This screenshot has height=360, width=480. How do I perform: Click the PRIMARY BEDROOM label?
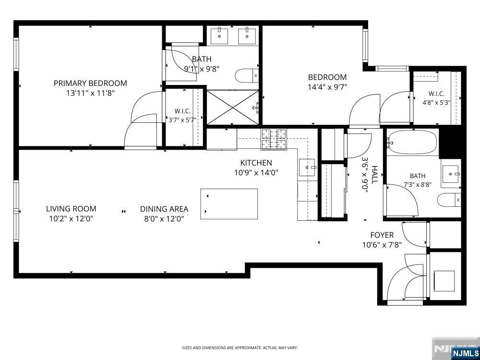click(90, 83)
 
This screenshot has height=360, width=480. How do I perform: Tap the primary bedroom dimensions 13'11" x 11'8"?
click(90, 93)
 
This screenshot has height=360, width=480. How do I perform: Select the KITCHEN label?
click(256, 163)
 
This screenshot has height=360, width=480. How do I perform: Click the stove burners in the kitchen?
click(274, 139)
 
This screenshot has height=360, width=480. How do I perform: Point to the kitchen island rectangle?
click(229, 204)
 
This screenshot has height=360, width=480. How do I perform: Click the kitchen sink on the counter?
click(307, 168)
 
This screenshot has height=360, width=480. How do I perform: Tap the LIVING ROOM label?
click(71, 209)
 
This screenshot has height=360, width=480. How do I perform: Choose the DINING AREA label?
click(164, 209)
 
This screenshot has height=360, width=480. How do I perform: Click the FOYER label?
click(382, 235)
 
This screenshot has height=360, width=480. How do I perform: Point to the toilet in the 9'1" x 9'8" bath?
click(246, 76)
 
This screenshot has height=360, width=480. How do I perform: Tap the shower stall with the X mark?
click(233, 107)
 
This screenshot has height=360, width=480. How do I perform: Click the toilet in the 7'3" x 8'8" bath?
click(449, 200)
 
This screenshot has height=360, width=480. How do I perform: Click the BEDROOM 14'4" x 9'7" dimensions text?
click(327, 87)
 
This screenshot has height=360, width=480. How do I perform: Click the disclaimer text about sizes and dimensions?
click(240, 348)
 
